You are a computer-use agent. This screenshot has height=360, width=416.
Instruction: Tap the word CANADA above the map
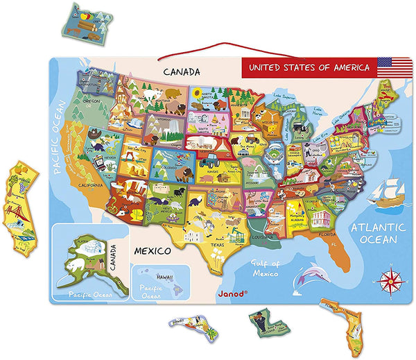click(x=182, y=71)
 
